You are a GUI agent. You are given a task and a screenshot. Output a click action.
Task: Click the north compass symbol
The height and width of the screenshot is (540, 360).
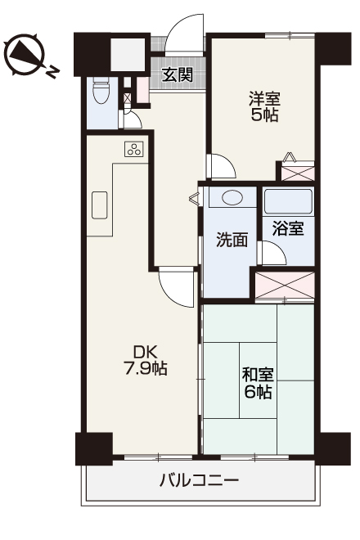[25, 55]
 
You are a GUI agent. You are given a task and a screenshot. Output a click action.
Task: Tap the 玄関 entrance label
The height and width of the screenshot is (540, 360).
[177, 75]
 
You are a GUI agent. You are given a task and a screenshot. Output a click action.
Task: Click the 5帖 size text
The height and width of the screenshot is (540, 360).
[263, 115]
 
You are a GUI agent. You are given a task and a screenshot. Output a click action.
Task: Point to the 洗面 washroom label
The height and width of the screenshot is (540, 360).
[232, 241]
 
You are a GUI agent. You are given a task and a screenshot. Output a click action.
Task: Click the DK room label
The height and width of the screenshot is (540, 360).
[145, 352]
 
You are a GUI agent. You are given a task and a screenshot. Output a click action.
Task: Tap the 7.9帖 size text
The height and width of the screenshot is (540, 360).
[145, 369]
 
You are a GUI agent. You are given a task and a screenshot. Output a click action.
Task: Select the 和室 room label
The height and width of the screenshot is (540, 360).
[258, 376]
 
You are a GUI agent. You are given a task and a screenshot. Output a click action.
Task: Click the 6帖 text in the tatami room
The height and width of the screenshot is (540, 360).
[258, 393]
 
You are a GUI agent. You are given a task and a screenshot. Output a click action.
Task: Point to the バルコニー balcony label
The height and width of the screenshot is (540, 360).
[199, 480]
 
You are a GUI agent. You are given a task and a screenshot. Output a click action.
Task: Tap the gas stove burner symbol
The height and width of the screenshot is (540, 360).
[134, 149]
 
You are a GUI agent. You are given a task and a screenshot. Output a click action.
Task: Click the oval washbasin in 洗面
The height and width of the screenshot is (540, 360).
[232, 197]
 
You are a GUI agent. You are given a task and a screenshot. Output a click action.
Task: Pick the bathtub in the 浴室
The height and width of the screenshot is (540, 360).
[288, 200]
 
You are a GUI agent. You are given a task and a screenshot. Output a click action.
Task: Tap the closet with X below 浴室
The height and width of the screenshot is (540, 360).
[285, 284]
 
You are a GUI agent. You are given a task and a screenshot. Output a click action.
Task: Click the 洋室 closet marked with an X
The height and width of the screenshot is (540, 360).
[296, 173]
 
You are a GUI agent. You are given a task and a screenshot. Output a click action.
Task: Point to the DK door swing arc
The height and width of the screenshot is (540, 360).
[175, 288]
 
